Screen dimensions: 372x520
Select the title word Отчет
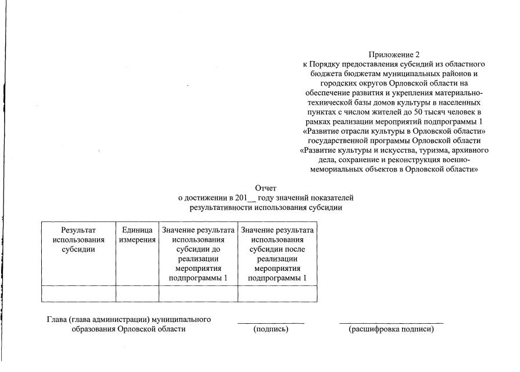point(266,188)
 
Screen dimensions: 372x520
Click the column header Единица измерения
point(137,235)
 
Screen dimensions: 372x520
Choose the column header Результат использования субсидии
point(78,239)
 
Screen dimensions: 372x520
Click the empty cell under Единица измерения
point(137,294)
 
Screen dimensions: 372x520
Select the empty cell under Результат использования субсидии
point(78,294)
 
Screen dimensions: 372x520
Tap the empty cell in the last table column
point(277,294)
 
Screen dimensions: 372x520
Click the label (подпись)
point(271,330)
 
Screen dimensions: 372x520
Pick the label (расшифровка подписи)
point(391,330)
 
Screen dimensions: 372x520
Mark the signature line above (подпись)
point(271,323)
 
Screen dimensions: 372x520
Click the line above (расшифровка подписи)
point(391,323)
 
